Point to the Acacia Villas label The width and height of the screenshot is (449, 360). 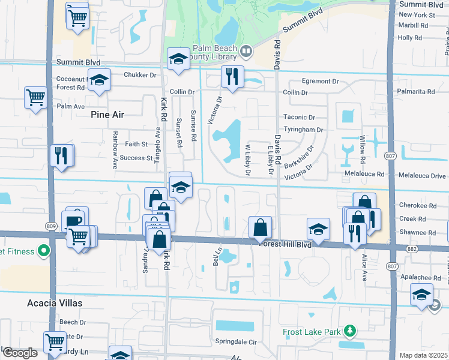pos(54,303)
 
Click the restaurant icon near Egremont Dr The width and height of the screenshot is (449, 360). pos(231,77)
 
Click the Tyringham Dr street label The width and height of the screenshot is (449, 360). pos(303,129)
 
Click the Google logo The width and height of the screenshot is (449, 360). pos(20,353)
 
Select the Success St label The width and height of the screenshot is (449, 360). pos(136,158)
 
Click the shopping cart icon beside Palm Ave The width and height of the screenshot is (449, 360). pos(35,97)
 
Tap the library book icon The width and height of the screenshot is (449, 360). pos(246,53)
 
